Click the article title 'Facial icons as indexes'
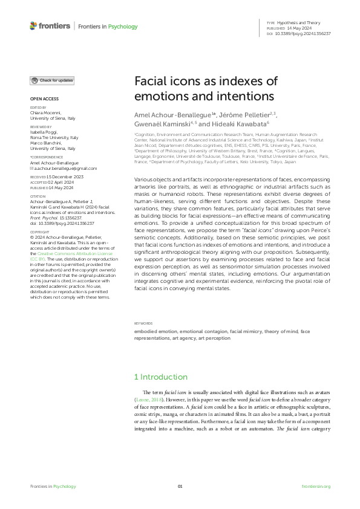pos(205,89)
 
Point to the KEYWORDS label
pos(143,323)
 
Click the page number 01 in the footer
pos(180,486)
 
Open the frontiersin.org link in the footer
pos(315,486)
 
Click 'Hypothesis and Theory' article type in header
pos(303,22)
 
